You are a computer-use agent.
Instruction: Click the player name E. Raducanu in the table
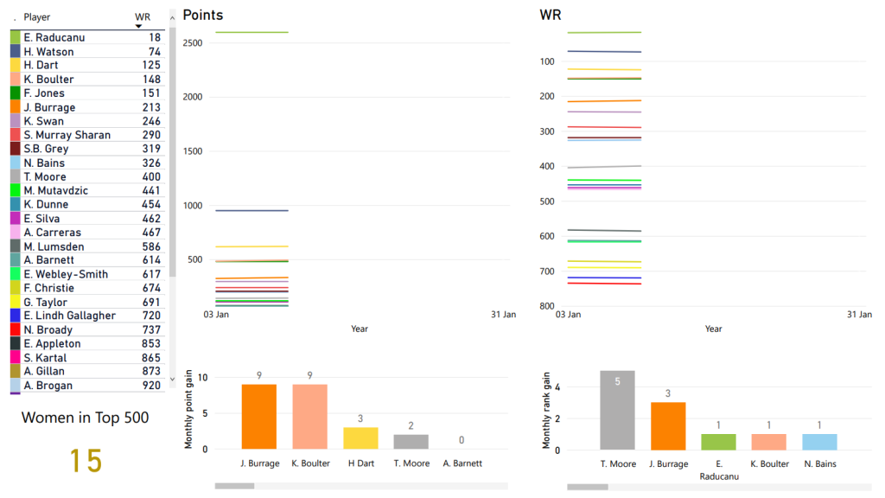point(54,38)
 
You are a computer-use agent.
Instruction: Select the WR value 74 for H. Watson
point(154,52)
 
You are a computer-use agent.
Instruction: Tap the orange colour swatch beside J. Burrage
point(16,107)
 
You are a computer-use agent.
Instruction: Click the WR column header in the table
point(143,17)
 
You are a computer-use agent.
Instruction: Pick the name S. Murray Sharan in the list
point(67,135)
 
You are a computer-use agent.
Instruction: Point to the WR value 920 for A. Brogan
point(151,386)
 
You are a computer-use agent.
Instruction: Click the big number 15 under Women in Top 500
point(86,461)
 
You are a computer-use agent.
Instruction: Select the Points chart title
point(203,16)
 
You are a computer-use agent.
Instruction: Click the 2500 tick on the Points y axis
point(193,43)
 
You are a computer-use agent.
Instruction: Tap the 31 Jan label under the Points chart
point(503,315)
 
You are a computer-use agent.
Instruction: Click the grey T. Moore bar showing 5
point(617,410)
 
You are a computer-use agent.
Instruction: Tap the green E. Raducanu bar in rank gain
point(719,441)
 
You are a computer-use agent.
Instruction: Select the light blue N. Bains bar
point(819,441)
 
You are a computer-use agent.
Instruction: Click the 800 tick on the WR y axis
point(547,306)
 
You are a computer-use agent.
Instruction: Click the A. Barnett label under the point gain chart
point(462,463)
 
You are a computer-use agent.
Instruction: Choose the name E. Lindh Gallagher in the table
point(70,316)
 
